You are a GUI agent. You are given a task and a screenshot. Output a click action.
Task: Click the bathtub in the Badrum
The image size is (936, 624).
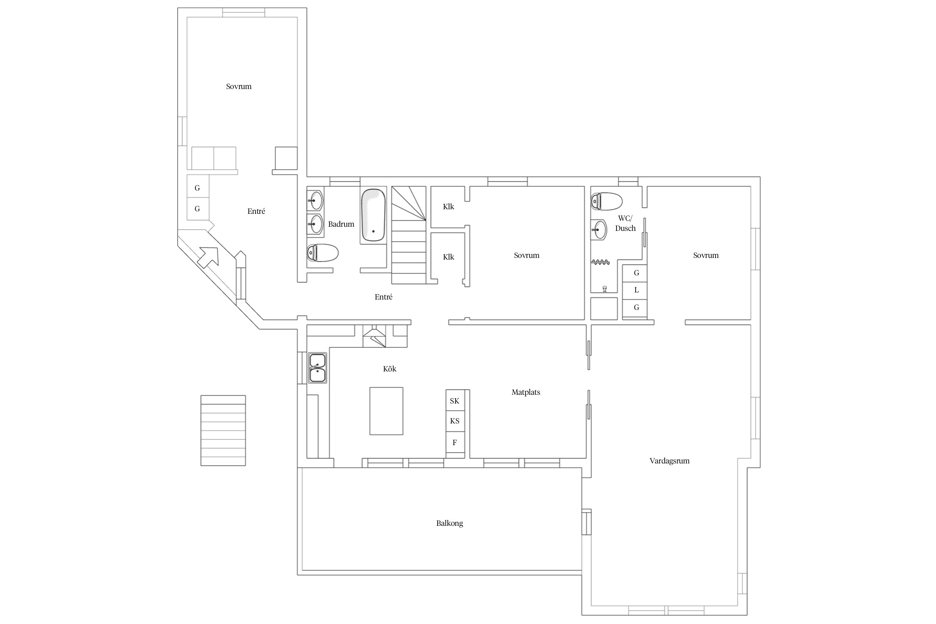point(373,215)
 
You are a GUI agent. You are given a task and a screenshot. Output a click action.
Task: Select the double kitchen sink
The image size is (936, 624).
point(317,368)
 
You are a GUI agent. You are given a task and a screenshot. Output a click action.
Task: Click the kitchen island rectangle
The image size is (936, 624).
point(386,411)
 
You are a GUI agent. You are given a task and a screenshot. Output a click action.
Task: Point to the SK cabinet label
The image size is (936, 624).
point(455,401)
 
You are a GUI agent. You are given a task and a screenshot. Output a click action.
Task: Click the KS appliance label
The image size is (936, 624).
point(455,421)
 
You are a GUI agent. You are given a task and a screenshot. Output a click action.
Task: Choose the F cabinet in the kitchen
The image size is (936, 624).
point(455,443)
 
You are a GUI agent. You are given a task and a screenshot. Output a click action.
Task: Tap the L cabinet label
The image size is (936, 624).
point(636,290)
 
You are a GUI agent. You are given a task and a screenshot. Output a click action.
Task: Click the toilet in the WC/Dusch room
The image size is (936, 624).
point(606,201)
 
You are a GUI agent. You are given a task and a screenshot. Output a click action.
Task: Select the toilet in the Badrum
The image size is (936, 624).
point(322,253)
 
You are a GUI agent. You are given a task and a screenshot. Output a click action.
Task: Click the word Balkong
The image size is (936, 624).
point(450,523)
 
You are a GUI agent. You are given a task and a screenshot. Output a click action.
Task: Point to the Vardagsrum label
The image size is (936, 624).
point(670,461)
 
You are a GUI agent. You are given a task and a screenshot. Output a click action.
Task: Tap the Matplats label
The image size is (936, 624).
point(526,392)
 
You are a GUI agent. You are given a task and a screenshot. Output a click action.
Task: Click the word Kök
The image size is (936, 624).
point(390,369)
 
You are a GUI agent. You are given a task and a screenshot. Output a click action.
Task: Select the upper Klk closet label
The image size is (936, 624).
point(448,207)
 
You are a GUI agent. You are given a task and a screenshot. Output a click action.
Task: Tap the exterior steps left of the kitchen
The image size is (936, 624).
point(223,431)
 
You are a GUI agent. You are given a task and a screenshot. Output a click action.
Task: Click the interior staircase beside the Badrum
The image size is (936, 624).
point(409,235)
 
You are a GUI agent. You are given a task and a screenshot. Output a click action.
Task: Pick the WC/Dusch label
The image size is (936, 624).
point(625,223)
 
